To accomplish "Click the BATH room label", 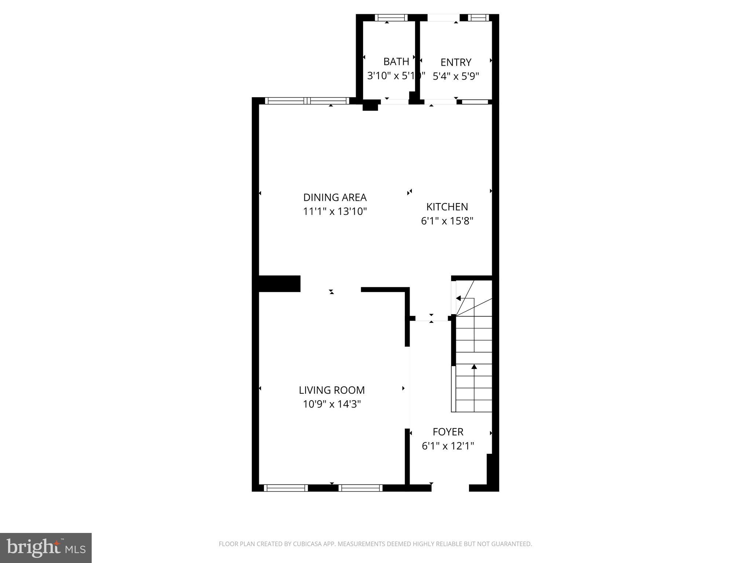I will (x=396, y=62).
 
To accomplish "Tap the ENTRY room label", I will (x=456, y=62).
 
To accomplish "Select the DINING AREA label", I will (x=335, y=198).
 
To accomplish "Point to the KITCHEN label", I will (x=447, y=207).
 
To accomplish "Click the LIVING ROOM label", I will (x=332, y=390).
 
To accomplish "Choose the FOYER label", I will (x=448, y=432).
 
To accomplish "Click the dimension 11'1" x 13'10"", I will (x=335, y=211).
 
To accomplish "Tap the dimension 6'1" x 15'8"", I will (x=447, y=221).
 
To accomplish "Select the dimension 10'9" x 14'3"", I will (x=332, y=404).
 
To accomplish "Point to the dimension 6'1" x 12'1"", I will (x=448, y=446).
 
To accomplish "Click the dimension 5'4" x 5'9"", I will (x=456, y=76).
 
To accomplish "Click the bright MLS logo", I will (x=46, y=548).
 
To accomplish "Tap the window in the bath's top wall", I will (x=391, y=18).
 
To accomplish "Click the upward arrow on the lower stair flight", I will (x=474, y=367).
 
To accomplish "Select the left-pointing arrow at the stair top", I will (x=458, y=298).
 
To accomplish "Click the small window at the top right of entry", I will (x=478, y=18).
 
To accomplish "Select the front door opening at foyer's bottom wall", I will (x=450, y=488).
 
